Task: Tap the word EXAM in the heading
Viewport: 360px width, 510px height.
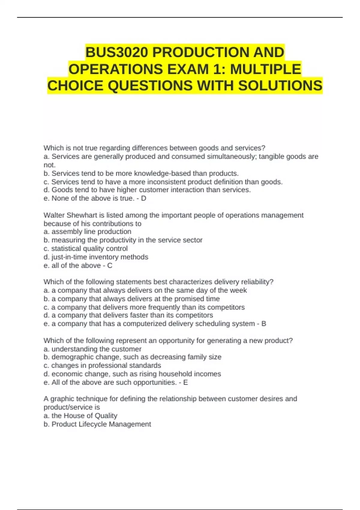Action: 188,69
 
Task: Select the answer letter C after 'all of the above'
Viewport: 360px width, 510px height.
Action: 110,265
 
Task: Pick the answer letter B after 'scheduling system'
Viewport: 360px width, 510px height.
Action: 264,324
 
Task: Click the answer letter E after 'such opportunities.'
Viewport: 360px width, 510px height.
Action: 185,382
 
